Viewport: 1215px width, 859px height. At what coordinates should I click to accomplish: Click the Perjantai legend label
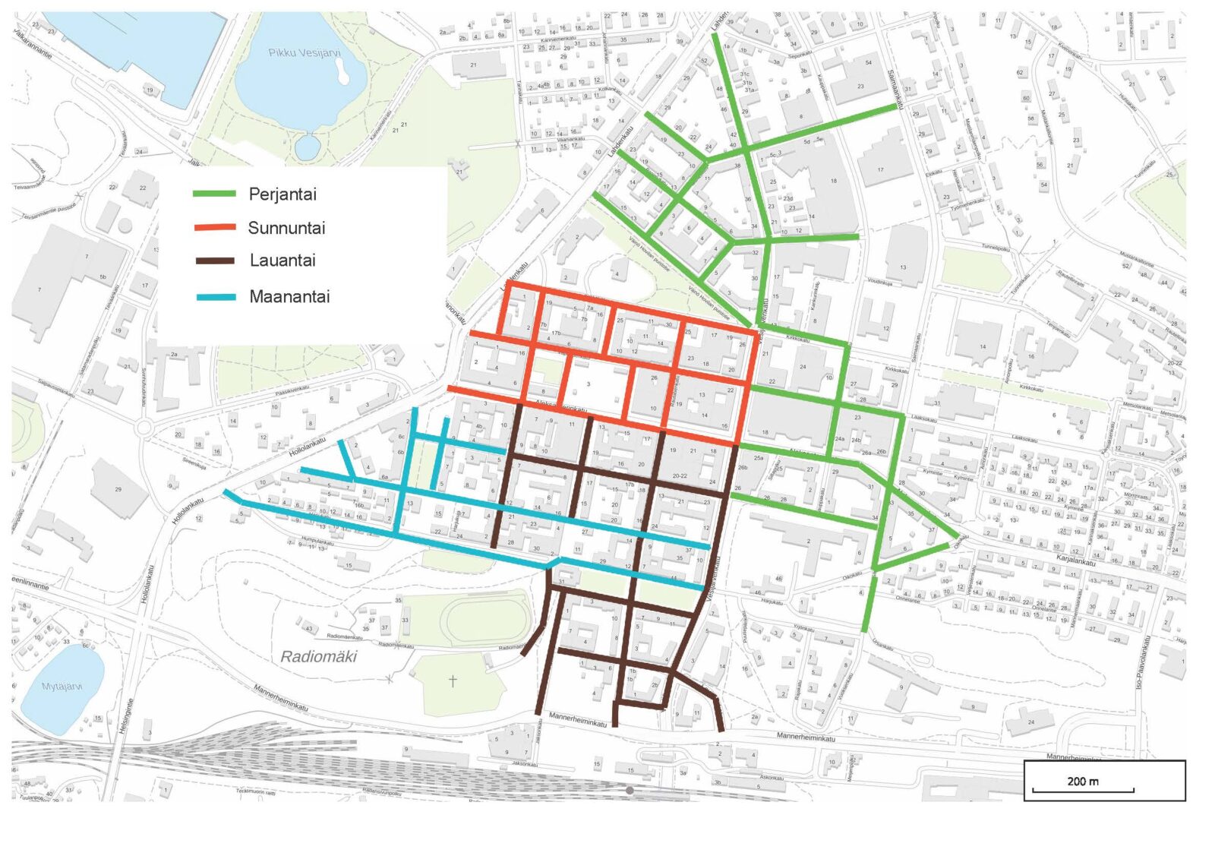pyautogui.click(x=282, y=194)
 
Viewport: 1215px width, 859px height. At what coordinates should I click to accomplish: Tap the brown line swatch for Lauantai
pyautogui.click(x=215, y=261)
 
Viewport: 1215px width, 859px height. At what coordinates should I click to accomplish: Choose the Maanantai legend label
pyautogui.click(x=289, y=297)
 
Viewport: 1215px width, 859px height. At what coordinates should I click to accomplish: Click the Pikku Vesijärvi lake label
pyautogui.click(x=304, y=53)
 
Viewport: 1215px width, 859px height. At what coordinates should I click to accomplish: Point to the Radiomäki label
pyautogui.click(x=318, y=657)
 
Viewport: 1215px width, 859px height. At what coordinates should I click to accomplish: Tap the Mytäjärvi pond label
pyautogui.click(x=62, y=687)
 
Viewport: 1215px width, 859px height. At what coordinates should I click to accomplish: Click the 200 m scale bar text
pyautogui.click(x=1082, y=781)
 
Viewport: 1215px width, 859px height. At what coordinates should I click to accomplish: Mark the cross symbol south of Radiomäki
pyautogui.click(x=453, y=681)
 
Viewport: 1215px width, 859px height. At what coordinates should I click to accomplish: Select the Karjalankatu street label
pyautogui.click(x=1075, y=560)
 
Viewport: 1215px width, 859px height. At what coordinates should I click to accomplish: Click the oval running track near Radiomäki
pyautogui.click(x=486, y=621)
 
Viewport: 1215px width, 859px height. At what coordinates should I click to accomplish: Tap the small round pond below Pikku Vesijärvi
pyautogui.click(x=307, y=147)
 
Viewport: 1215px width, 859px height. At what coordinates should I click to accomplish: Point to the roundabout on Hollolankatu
pyautogui.click(x=144, y=428)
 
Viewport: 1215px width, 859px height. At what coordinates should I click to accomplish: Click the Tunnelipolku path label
pyautogui.click(x=996, y=248)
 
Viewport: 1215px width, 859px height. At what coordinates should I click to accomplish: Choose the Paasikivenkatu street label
pyautogui.click(x=292, y=389)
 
